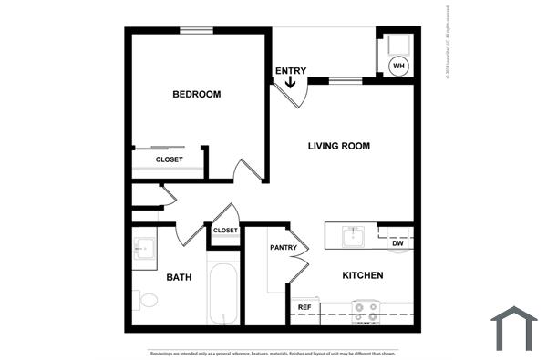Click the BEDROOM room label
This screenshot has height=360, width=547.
coord(197,94)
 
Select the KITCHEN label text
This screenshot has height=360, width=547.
coord(362,275)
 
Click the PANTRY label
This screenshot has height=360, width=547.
coord(284,247)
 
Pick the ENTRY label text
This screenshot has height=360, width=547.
coord(291,70)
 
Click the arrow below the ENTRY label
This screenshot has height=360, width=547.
coord(291,83)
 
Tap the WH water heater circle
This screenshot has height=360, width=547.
coord(398,65)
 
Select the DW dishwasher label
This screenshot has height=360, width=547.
coord(397,243)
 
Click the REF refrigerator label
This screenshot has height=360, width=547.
coord(304,307)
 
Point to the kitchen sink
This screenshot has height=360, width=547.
coord(354,237)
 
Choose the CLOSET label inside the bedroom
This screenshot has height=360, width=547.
coord(169,159)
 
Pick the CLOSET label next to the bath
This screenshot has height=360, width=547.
coord(225,231)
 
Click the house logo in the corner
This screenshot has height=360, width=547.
coord(513,328)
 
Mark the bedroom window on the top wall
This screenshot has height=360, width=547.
coord(196,30)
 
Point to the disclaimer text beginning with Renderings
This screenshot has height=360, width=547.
coord(273,352)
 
